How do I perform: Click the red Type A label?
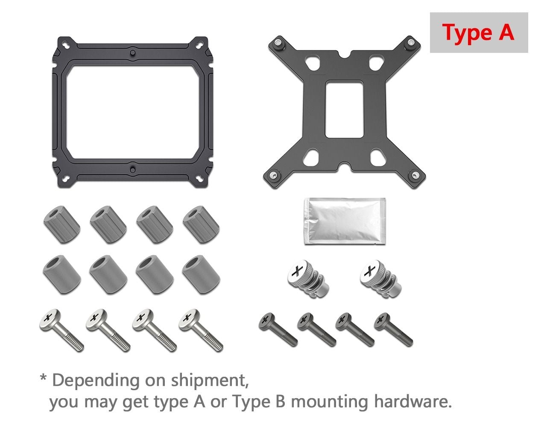pyautogui.click(x=478, y=33)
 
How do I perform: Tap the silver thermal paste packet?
pyautogui.click(x=345, y=221)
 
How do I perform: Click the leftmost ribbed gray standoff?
pyautogui.click(x=62, y=224)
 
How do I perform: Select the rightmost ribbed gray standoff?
pyautogui.click(x=201, y=224)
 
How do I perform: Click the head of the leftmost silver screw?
pyautogui.click(x=50, y=318)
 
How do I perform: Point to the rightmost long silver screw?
pyautogui.click(x=201, y=330)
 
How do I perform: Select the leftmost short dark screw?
pyautogui.click(x=278, y=330)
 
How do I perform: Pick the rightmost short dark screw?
pyautogui.click(x=393, y=330)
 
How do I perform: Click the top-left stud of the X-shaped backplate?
pyautogui.click(x=278, y=43)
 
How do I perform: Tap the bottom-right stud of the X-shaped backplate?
pyautogui.click(x=415, y=175)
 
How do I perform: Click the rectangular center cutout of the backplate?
pyautogui.click(x=344, y=109)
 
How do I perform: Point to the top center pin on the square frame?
pyautogui.click(x=133, y=53)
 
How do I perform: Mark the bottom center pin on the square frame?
pyautogui.click(x=133, y=170)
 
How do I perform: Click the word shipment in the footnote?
pyautogui.click(x=210, y=381)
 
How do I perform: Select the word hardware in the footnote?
pyautogui.click(x=413, y=402)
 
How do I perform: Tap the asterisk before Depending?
pyautogui.click(x=43, y=379)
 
